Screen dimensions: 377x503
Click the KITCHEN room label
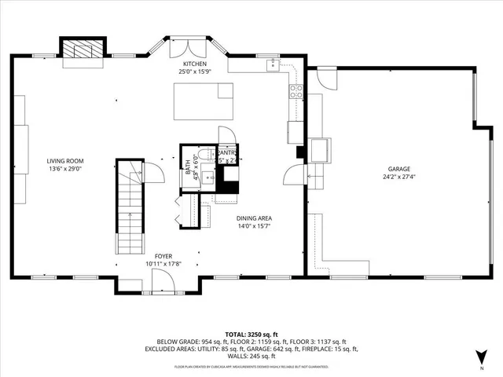[x=195, y=64]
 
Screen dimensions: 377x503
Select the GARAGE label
[x=398, y=168]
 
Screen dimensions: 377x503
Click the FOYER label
[x=163, y=256]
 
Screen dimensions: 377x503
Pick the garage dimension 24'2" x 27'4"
[x=398, y=178]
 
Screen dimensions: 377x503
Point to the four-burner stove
[x=297, y=92]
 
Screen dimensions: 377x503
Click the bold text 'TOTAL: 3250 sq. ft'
[x=257, y=335]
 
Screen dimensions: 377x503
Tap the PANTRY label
[x=228, y=153]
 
